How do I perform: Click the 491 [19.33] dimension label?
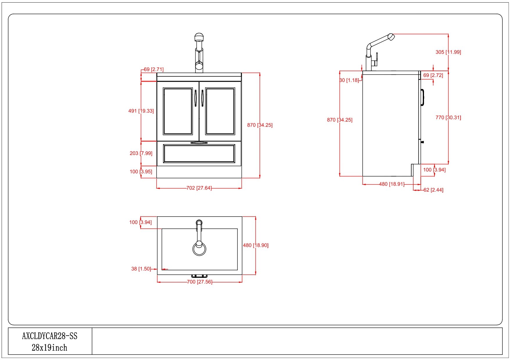click(x=141, y=111)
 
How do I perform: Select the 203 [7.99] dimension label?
click(x=141, y=153)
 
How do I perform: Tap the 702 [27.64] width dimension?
click(x=199, y=188)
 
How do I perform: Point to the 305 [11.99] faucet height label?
click(x=448, y=52)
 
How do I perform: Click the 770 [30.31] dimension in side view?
click(x=448, y=118)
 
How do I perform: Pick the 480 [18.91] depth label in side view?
click(x=392, y=184)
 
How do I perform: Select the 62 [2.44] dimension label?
click(x=433, y=190)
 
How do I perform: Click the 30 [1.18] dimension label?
click(x=349, y=80)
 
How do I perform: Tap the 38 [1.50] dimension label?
click(x=141, y=269)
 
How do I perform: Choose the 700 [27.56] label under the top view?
click(x=200, y=282)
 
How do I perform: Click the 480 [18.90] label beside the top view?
click(x=256, y=245)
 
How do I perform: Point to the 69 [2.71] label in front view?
click(x=154, y=69)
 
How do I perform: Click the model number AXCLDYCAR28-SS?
click(x=50, y=336)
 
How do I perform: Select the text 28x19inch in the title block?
click(x=49, y=348)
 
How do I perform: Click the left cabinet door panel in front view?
click(x=178, y=111)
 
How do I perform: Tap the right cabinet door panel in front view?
click(x=220, y=111)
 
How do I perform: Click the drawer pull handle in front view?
click(x=199, y=143)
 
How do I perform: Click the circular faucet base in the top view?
click(x=199, y=249)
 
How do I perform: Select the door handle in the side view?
click(x=423, y=98)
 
